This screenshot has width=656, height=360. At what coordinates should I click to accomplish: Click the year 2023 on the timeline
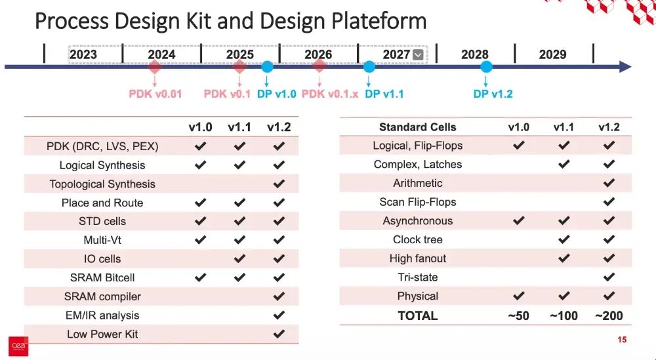pos(83,54)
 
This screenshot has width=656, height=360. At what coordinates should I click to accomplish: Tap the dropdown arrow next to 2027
pos(417,55)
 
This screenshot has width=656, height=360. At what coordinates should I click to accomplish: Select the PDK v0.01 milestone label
pos(155,94)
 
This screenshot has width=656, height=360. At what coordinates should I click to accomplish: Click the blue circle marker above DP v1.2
pos(486,66)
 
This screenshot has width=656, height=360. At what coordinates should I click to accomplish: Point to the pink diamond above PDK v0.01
pos(154,66)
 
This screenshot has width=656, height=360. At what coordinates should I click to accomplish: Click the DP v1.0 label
pos(277,94)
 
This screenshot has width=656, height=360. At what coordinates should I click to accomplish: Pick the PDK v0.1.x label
pos(330,94)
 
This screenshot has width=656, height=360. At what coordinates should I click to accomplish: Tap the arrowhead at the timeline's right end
pos(625,66)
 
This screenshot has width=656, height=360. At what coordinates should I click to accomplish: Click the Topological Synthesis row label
pos(102,184)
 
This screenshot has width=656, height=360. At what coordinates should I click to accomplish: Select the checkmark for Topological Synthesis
pos(279,184)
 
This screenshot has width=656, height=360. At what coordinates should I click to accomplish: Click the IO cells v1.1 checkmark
pos(239,258)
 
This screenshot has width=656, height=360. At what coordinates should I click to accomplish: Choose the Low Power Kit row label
pos(102,334)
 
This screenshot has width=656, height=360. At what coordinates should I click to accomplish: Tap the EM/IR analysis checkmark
pos(279,315)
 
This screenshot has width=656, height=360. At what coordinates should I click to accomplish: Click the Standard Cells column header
pos(417,127)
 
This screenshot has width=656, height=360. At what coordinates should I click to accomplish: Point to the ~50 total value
pos(518,315)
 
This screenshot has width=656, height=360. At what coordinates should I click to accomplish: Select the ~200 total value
pos(609,315)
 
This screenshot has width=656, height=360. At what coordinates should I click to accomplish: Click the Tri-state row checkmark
pos(609,277)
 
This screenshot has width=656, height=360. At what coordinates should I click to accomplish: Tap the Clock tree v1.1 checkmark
pos(564,239)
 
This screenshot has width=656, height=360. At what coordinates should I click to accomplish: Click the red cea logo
pos(18,347)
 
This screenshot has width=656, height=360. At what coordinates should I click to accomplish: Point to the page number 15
pos(622,340)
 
